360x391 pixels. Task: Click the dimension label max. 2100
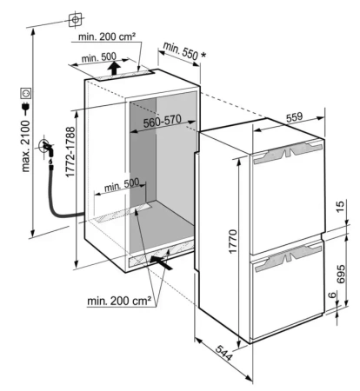(x=26, y=147)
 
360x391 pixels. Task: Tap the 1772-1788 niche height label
(x=70, y=152)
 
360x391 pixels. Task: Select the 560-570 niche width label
(x=163, y=121)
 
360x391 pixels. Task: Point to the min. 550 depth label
(x=180, y=50)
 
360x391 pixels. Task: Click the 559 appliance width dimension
(x=294, y=117)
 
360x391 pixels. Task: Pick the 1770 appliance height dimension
(x=232, y=242)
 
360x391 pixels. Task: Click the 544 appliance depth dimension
(x=223, y=353)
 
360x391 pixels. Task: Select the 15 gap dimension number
(x=341, y=206)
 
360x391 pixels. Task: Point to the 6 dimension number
(x=332, y=295)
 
